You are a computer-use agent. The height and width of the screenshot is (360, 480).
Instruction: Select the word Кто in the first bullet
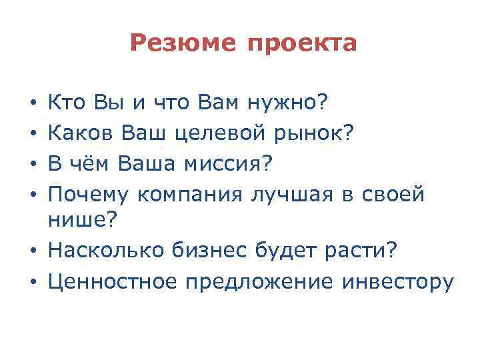click(x=65, y=103)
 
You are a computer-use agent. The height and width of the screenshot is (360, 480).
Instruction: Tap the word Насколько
click(x=107, y=251)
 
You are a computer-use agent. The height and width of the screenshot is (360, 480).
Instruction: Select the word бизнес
click(x=213, y=251)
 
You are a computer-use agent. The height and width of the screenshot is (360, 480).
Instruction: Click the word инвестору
click(x=397, y=282)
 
